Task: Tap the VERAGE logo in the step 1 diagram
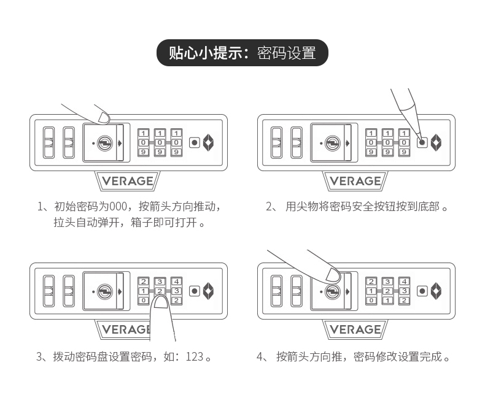coord(128,181)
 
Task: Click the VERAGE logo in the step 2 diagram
coord(355,181)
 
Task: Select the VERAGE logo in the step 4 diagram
coord(355,329)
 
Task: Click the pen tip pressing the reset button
coord(421,139)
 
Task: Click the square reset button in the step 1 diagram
coord(194,142)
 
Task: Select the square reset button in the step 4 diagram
coord(422,291)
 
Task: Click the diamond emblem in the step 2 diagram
coord(437,142)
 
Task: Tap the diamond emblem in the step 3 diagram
coord(209,291)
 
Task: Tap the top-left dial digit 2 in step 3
coord(144,282)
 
